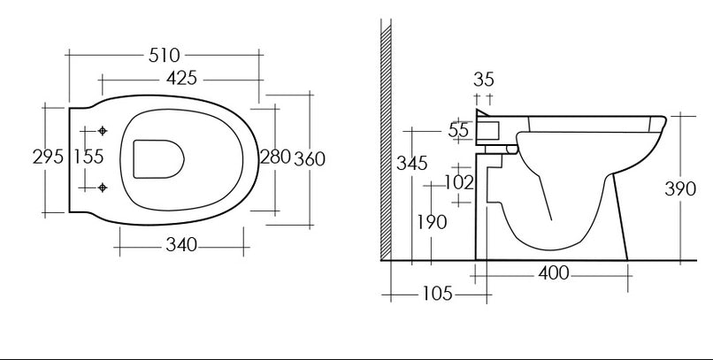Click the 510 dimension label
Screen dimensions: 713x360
point(165,56)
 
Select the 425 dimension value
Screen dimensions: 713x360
point(181,78)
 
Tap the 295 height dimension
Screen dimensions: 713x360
point(48,157)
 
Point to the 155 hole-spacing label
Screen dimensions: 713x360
point(89,157)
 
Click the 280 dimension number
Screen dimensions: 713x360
point(275,157)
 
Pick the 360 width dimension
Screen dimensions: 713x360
point(310,159)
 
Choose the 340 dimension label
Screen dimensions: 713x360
point(181,245)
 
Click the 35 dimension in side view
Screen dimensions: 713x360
point(483,80)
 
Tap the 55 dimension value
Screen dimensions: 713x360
point(458,130)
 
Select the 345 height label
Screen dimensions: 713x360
point(412,163)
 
